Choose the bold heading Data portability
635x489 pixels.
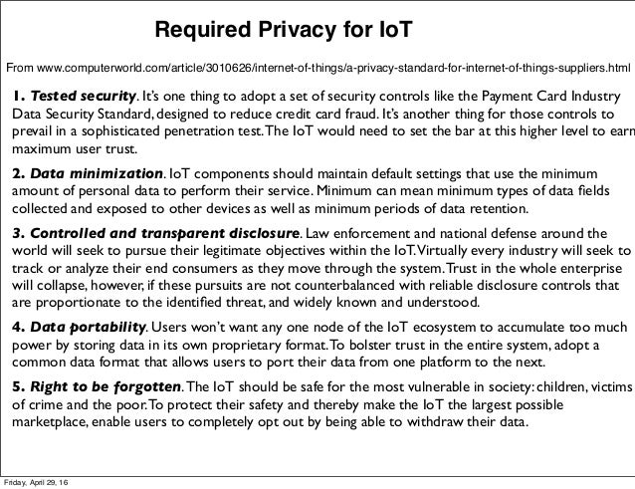tap(91, 328)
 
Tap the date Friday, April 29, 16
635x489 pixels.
tap(43, 482)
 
